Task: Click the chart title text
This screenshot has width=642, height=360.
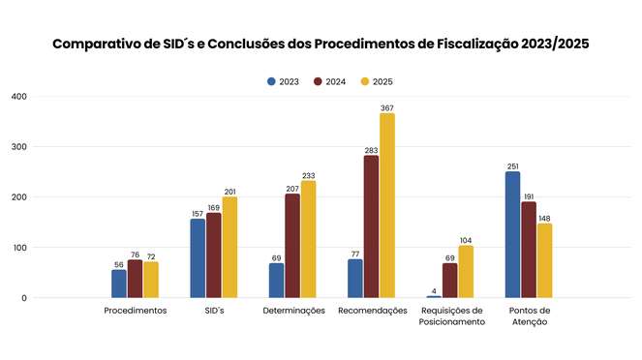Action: (x=321, y=45)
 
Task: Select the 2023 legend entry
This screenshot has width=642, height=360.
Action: (x=283, y=81)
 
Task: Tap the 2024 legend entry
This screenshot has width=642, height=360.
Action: (x=329, y=81)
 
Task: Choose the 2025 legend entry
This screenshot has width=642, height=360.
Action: (x=376, y=81)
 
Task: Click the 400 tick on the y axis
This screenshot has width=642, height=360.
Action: (x=18, y=97)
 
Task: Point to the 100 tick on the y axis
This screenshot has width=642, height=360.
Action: (x=18, y=248)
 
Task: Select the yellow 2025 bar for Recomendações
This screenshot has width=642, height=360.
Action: (x=387, y=206)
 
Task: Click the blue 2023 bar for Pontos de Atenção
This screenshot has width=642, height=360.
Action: (x=512, y=234)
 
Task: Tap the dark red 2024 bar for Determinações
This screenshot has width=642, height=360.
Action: (x=292, y=246)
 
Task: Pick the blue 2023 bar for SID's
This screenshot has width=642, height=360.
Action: (x=198, y=258)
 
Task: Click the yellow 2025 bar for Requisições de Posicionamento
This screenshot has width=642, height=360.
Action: (x=466, y=272)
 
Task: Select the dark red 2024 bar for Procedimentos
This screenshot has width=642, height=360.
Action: (x=135, y=279)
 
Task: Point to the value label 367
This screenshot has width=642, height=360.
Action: (x=387, y=107)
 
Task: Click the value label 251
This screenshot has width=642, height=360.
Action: (x=512, y=165)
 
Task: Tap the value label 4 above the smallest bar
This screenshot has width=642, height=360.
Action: (x=434, y=290)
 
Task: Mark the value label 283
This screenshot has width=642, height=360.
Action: (x=371, y=150)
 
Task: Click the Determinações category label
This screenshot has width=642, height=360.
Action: (x=292, y=311)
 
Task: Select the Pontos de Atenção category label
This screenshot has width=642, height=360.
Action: (x=528, y=315)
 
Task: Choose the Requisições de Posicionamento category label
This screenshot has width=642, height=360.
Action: (x=450, y=315)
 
